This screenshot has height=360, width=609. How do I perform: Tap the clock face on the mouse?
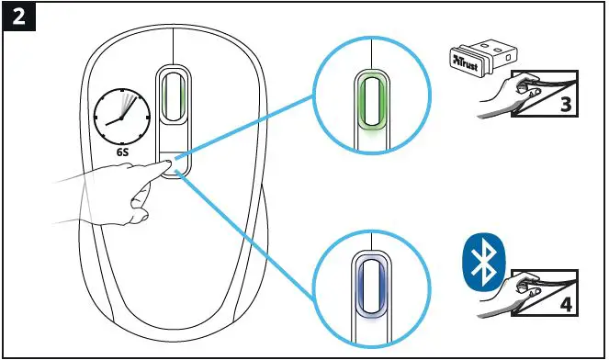122,119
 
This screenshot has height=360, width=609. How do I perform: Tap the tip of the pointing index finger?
165,164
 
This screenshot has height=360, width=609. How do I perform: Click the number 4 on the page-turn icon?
566,299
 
